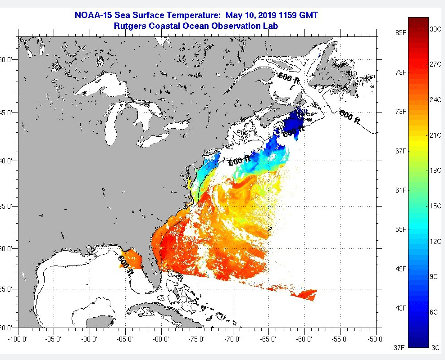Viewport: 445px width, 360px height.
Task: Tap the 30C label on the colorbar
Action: click(435, 29)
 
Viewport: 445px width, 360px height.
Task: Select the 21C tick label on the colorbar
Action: click(435, 135)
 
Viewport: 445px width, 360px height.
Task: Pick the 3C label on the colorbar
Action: click(435, 347)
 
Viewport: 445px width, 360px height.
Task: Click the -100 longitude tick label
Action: click(18, 339)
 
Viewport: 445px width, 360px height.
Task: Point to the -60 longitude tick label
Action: click(304, 339)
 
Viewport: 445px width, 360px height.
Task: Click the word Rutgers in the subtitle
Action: click(131, 26)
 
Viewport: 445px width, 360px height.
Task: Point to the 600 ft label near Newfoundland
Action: click(350, 117)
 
